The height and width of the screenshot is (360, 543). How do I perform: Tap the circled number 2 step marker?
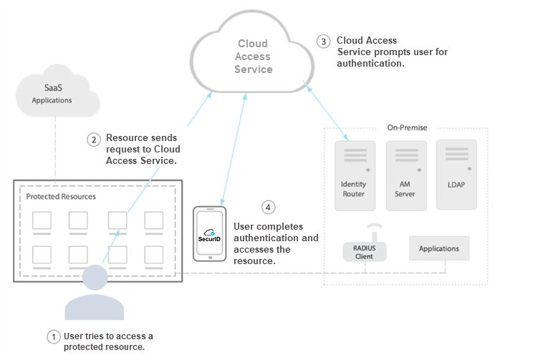pos(93,139)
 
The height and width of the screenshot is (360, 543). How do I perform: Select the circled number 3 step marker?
pos(324,42)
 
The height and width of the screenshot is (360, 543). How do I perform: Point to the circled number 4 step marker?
pos(268,208)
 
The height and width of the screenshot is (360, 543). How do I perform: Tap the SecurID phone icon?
pos(210,234)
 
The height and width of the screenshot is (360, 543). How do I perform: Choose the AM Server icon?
pos(405,175)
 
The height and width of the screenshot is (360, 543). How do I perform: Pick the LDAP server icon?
pos(456,175)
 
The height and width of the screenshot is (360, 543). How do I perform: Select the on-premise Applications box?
pos(438,248)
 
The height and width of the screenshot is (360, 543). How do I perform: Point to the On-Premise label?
pos(407,128)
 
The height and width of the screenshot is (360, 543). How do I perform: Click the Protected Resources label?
pos(61,196)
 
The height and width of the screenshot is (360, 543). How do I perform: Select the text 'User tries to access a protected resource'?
pos(108,341)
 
